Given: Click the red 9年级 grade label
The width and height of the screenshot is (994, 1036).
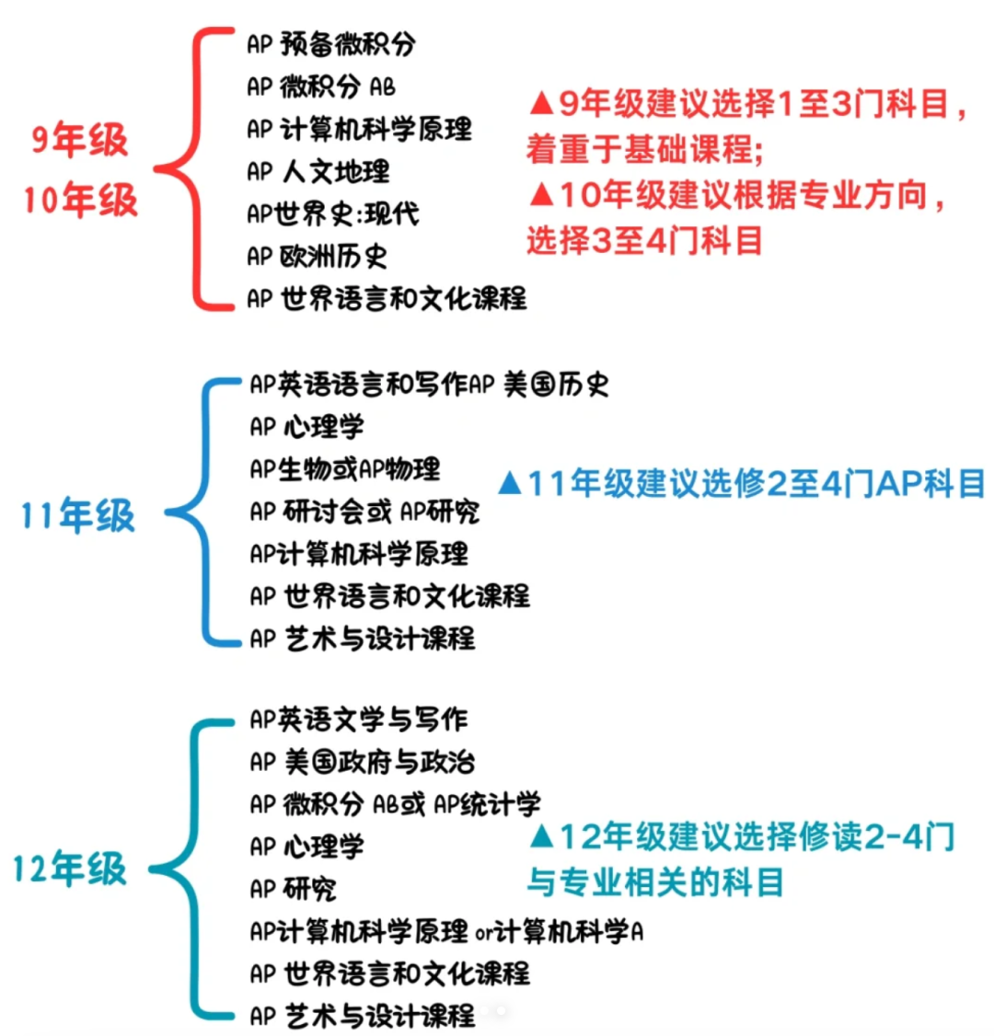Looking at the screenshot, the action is point(79,140).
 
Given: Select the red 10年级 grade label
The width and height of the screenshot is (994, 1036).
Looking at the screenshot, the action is point(80,200).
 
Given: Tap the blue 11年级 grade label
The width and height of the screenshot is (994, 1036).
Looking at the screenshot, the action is point(78,515).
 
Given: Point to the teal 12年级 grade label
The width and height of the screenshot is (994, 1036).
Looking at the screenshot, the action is point(70,869).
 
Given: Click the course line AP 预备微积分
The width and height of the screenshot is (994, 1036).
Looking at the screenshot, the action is point(331,44).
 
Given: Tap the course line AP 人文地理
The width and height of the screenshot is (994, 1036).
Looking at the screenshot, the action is point(318,172).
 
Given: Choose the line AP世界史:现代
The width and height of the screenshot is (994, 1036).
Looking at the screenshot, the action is point(333,214).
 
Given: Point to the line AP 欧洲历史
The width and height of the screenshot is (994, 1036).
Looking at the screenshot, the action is point(317,257).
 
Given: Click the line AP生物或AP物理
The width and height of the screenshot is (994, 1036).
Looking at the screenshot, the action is point(345,469).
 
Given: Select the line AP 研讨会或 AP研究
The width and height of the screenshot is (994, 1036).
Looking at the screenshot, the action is point(364,512).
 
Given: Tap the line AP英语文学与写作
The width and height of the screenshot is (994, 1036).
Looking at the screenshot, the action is point(359,719).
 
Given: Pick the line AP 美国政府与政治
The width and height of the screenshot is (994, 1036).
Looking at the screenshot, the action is point(363,762).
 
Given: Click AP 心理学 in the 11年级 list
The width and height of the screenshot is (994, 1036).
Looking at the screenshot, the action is point(306,427).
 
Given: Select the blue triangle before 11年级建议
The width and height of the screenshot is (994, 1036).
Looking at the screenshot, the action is point(510,482).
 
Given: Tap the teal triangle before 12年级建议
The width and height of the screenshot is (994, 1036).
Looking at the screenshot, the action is point(541,835).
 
